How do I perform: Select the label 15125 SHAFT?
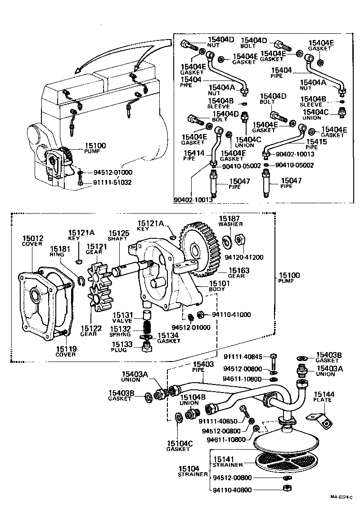(x=118, y=236)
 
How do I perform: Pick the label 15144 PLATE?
(x=322, y=397)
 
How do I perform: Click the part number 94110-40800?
(x=233, y=490)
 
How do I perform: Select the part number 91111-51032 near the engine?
(x=112, y=183)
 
